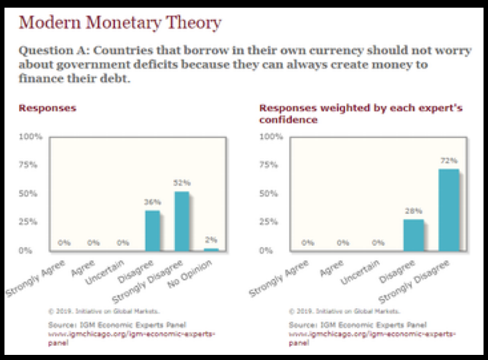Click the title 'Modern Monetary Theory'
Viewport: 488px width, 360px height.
tap(120, 24)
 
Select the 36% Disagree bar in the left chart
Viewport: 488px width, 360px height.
tap(153, 231)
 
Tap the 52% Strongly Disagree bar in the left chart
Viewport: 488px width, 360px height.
tap(182, 221)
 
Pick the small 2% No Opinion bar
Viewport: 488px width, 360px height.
tap(211, 249)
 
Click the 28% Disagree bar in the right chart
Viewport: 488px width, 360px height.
tap(414, 235)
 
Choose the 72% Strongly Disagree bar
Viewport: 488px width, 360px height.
tap(448, 210)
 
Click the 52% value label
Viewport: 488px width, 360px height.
tap(183, 183)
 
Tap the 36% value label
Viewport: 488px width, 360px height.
tap(153, 202)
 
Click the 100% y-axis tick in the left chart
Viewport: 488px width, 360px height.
tap(31, 137)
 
